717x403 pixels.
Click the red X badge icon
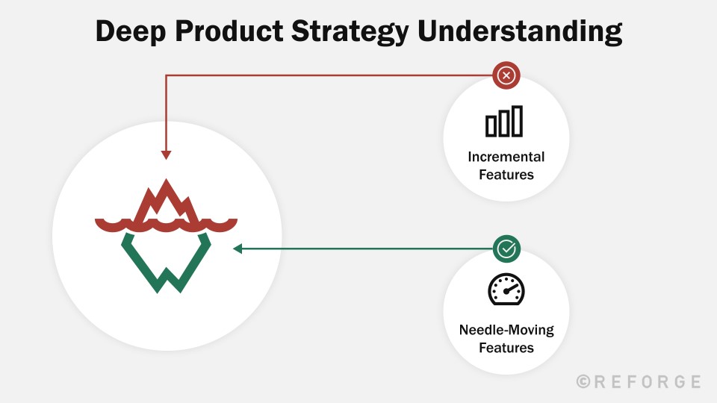coord(506,75)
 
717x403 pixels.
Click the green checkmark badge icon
coord(506,249)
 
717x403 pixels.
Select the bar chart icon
coord(505,122)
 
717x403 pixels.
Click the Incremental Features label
coord(506,166)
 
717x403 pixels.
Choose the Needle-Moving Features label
coord(506,338)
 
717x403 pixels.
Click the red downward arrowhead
coord(166,155)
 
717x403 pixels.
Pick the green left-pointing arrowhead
coord(238,249)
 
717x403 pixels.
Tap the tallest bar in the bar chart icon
coord(517,121)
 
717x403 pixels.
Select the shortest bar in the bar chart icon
coord(491,126)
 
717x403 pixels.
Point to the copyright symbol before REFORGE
coord(584,381)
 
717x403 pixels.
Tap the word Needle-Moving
coord(506,330)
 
